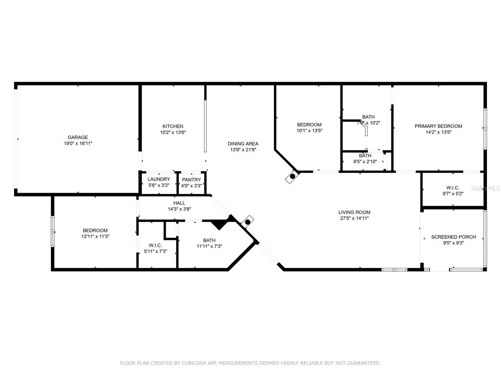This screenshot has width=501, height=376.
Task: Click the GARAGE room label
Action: click(x=78, y=138)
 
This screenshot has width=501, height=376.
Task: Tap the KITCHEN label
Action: click(x=173, y=126)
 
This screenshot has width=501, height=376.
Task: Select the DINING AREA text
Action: click(x=243, y=144)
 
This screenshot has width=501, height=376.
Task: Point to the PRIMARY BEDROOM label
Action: click(x=438, y=126)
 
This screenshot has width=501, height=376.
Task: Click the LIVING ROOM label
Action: click(x=354, y=212)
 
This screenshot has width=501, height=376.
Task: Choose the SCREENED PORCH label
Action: click(x=453, y=237)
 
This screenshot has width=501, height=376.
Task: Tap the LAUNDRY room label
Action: click(x=159, y=179)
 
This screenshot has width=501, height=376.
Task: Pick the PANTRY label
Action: click(x=192, y=180)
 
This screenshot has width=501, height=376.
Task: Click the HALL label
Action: click(x=179, y=203)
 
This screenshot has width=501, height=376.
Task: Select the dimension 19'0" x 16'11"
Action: click(x=78, y=144)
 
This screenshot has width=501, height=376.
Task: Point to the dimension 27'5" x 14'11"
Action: click(x=354, y=218)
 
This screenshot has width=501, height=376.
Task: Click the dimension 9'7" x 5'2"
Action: click(x=453, y=194)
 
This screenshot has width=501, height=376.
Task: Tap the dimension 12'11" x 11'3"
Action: click(x=96, y=236)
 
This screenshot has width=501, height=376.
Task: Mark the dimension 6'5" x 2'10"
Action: click(x=365, y=161)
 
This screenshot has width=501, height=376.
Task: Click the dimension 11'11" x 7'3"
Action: click(x=209, y=246)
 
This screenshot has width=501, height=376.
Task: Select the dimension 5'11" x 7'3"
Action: click(x=156, y=251)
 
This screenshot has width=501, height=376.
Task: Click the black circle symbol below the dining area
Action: click(x=292, y=176)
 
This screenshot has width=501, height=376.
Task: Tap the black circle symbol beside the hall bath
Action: click(x=248, y=222)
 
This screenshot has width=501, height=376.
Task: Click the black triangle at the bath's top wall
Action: click(x=219, y=224)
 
